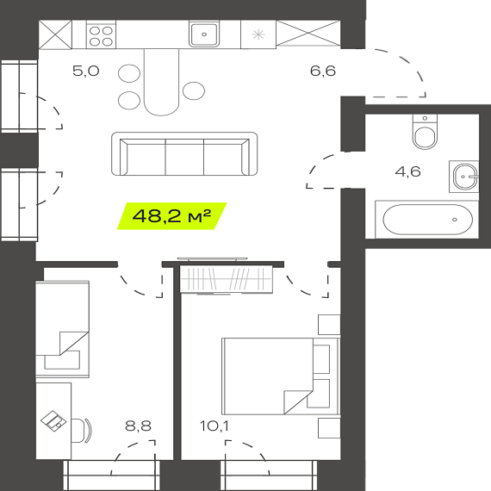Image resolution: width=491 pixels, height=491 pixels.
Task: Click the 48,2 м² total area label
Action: [171, 215]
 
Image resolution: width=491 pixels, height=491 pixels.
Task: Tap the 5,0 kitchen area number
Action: [86, 71]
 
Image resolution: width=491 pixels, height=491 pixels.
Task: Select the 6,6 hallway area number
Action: [323, 71]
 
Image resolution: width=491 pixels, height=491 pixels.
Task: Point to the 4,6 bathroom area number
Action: [407, 171]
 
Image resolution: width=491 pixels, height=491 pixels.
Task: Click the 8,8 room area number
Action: [138, 426]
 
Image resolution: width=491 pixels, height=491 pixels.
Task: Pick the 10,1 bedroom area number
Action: [214, 426]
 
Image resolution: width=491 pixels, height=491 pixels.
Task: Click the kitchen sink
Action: [204, 34]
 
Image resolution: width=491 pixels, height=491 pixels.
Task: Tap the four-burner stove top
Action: [101, 35]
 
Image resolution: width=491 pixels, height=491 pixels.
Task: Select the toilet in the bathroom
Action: [425, 132]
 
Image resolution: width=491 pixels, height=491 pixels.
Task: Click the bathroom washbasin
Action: [464, 177]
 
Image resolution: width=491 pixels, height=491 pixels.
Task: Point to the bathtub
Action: [428, 220]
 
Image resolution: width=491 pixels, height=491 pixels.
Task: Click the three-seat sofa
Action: [184, 153]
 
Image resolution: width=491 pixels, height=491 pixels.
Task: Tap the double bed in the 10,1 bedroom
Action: [281, 376]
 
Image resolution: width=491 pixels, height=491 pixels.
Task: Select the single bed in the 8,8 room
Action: [62, 329]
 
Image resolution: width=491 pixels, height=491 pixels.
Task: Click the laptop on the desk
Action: [53, 421]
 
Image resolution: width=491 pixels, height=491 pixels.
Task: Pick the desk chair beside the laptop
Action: [82, 431]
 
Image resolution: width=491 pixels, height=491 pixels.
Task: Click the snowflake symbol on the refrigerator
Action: [258, 34]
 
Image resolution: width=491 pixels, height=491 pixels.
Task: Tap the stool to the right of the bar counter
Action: [194, 90]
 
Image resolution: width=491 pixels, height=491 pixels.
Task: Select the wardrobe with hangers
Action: [226, 279]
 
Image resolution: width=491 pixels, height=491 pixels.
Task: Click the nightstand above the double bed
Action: [329, 325]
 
